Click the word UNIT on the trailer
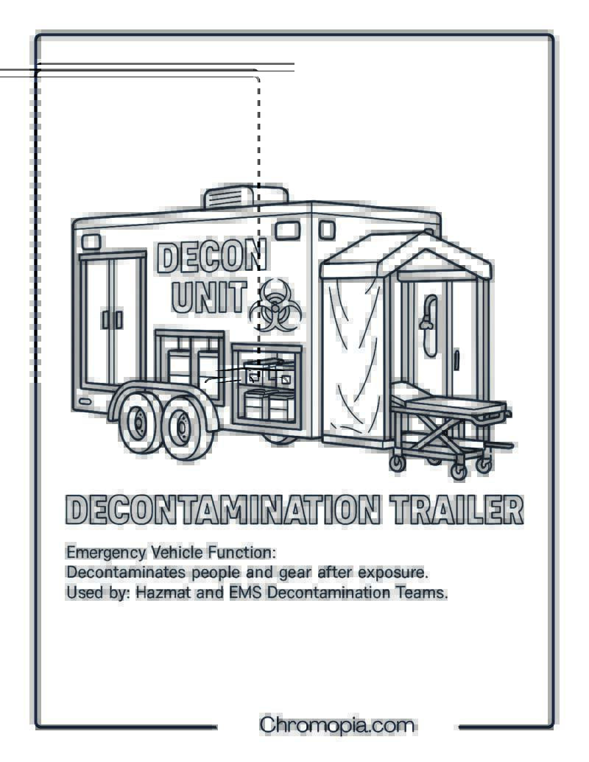(x=209, y=296)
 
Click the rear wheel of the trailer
(x=140, y=422)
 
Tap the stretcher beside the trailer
(x=450, y=428)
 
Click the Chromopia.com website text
(x=336, y=725)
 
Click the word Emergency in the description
(x=106, y=553)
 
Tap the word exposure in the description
(x=393, y=574)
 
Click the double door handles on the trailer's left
(x=112, y=320)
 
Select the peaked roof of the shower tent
(x=406, y=253)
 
